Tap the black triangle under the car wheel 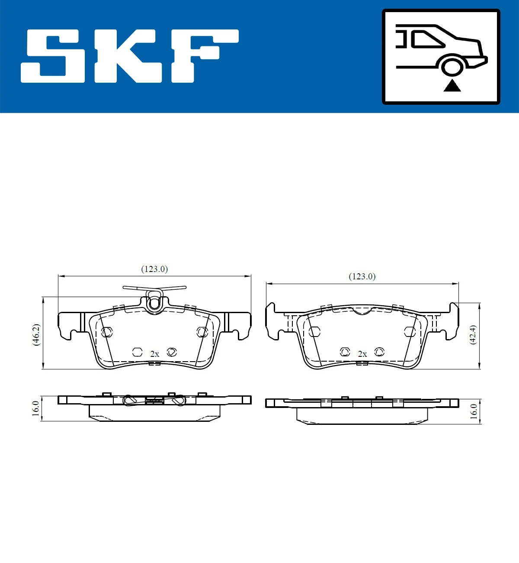pyautogui.click(x=452, y=86)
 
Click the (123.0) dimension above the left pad pyautogui.click(x=154, y=269)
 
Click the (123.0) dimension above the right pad pyautogui.click(x=362, y=276)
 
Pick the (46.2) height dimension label pyautogui.click(x=36, y=334)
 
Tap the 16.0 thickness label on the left pyautogui.click(x=35, y=408)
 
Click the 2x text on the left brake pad pyautogui.click(x=154, y=354)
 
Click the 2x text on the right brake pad pyautogui.click(x=362, y=354)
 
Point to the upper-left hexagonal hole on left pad pyautogui.click(x=106, y=332)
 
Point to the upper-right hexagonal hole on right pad pyautogui.click(x=410, y=332)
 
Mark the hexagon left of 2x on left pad pyautogui.click(x=137, y=352)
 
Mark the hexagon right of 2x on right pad pyautogui.click(x=379, y=352)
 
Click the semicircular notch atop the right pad pyautogui.click(x=362, y=310)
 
